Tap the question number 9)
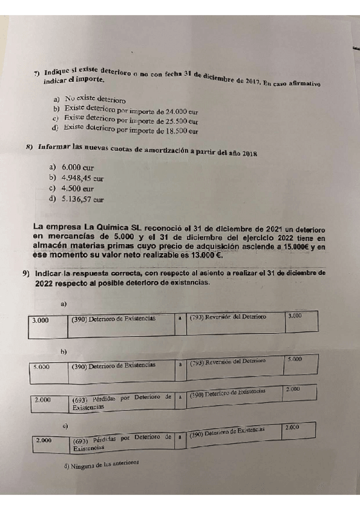point(26,274)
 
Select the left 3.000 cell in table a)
point(40,321)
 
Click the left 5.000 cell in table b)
point(41,366)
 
